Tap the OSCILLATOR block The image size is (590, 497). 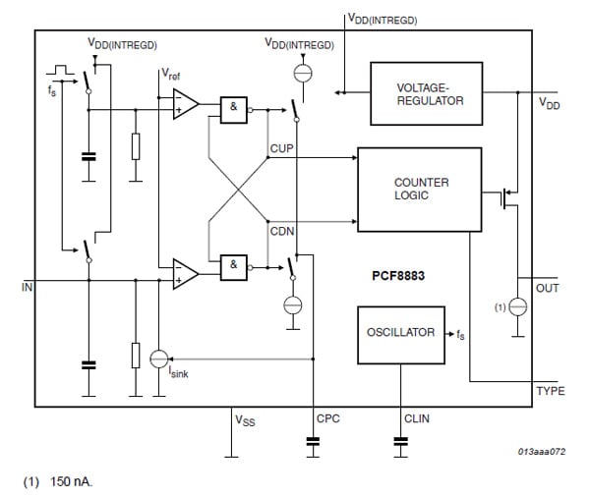click(x=400, y=332)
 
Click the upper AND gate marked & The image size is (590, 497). click(x=233, y=111)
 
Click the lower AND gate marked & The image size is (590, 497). click(x=233, y=265)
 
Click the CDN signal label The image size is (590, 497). click(x=281, y=230)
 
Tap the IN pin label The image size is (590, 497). click(x=27, y=288)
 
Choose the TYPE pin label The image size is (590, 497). click(x=550, y=391)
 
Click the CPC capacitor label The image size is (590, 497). click(x=327, y=418)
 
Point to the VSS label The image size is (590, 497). click(x=246, y=419)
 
